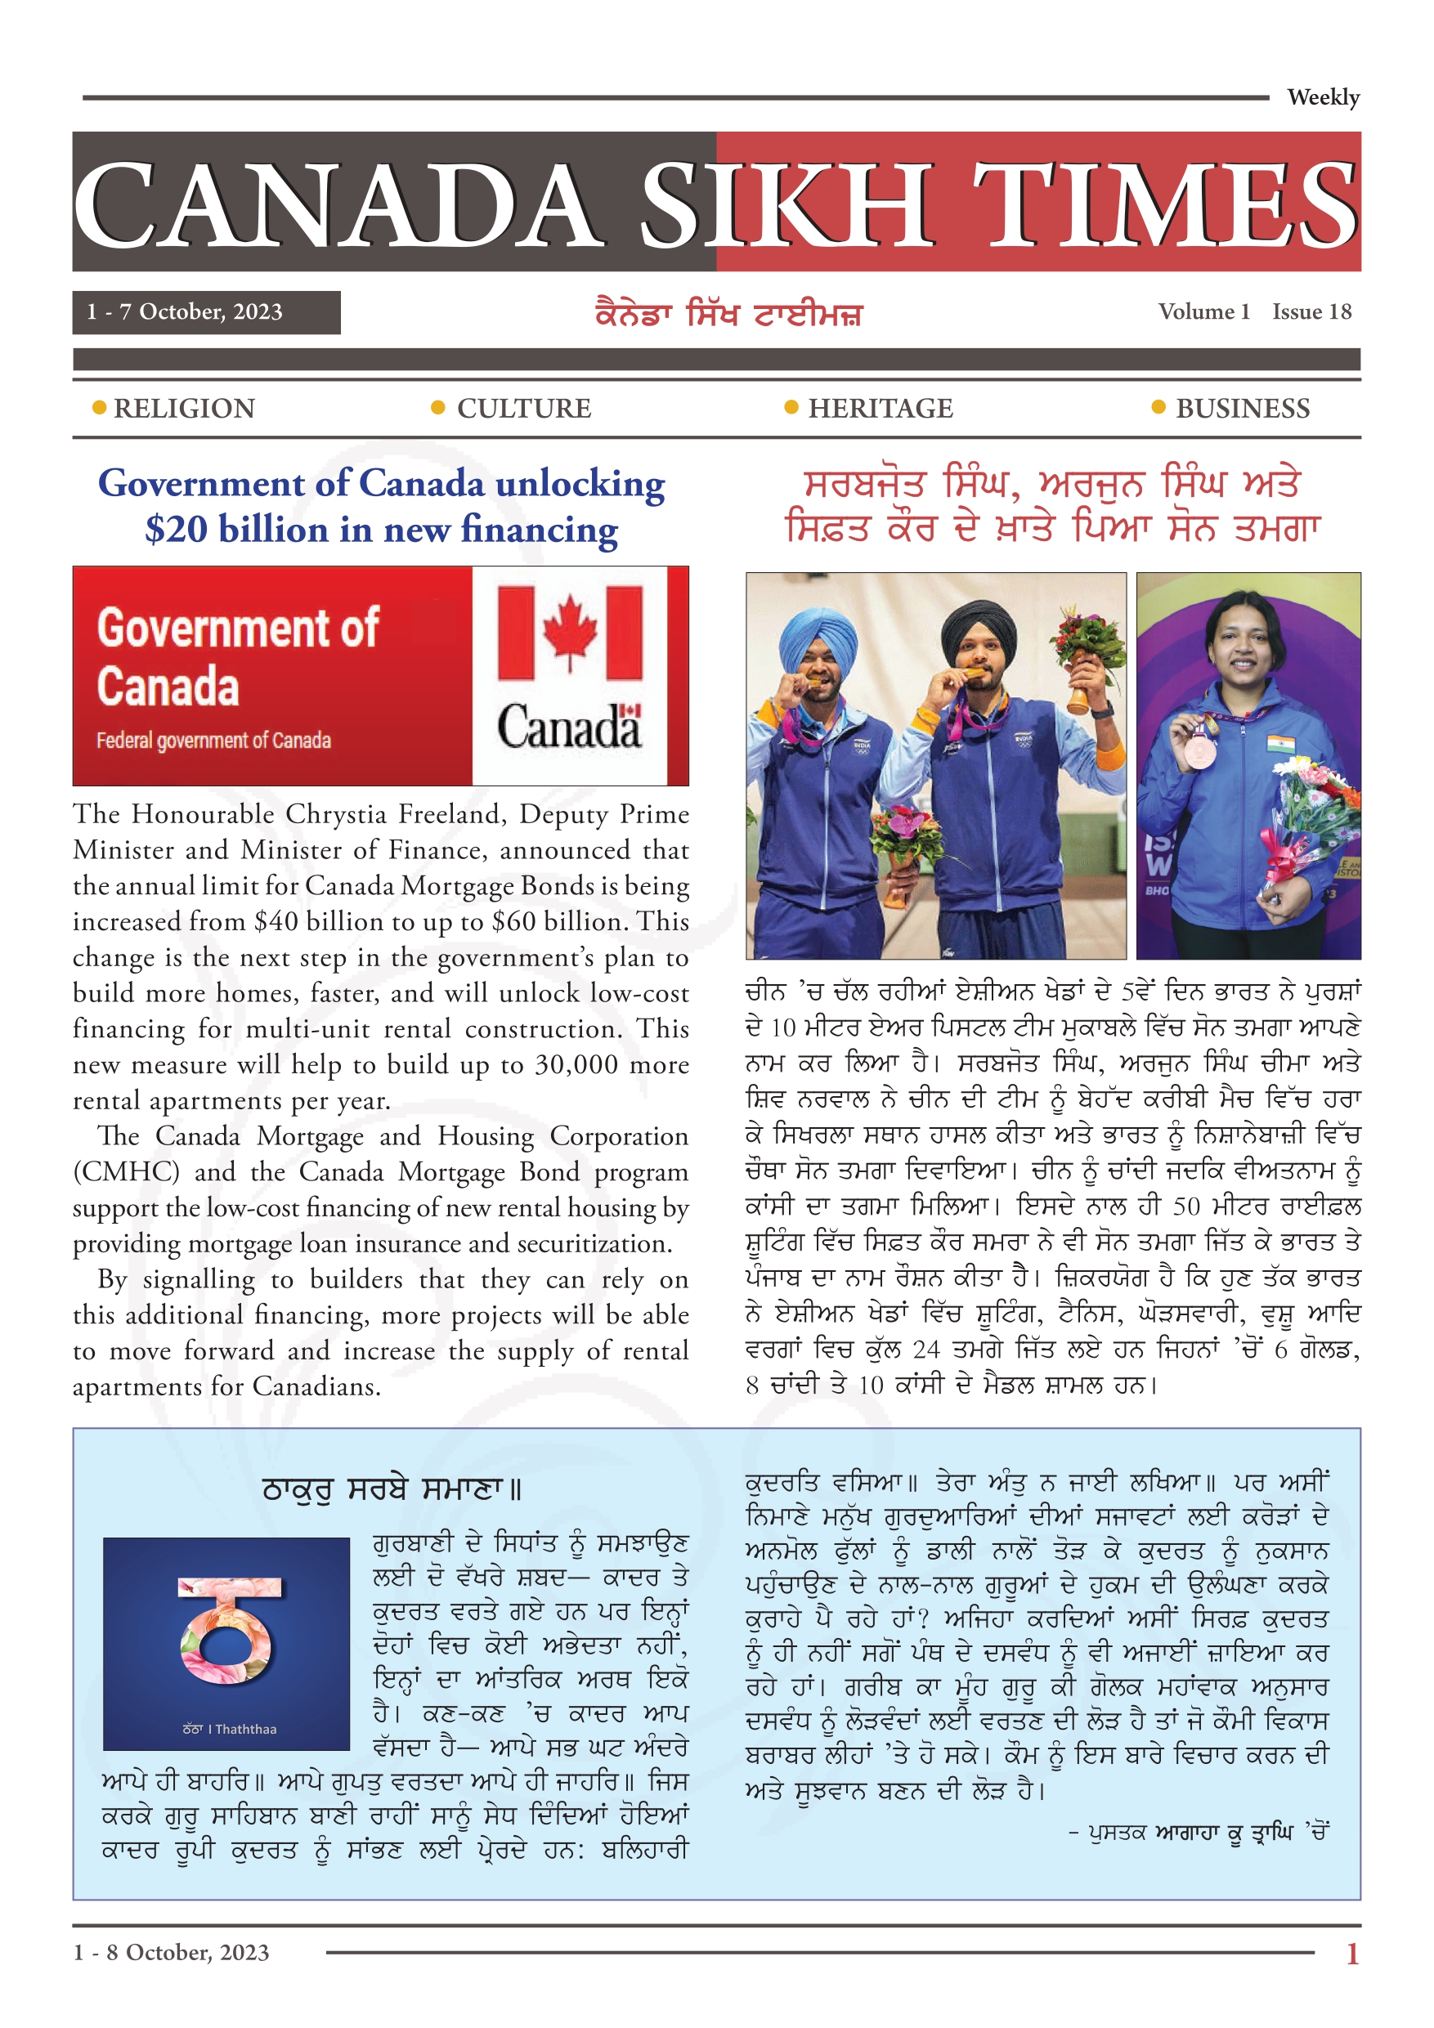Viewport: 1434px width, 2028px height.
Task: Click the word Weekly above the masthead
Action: tap(1322, 97)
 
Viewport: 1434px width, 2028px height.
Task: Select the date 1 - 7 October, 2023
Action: tap(185, 311)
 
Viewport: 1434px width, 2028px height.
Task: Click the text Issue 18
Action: tap(1311, 311)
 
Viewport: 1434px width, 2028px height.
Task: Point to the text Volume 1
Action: tap(1203, 311)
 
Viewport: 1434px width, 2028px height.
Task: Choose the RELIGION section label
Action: tap(184, 408)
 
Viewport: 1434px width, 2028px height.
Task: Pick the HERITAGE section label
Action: tap(880, 408)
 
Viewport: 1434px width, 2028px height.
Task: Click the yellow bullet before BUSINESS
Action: tap(1158, 407)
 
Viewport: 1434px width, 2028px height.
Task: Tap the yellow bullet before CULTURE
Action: tap(437, 407)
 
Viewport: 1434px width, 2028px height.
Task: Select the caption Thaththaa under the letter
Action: tap(245, 1729)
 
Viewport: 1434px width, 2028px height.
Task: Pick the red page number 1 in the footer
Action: tap(1351, 1953)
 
